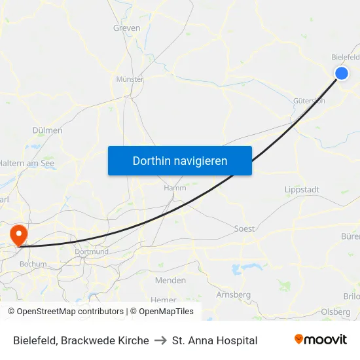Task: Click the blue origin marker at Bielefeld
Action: click(x=342, y=73)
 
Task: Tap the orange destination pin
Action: click(x=18, y=234)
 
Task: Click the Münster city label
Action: click(x=129, y=79)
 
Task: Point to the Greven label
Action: click(x=126, y=28)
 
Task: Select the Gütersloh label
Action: click(x=309, y=101)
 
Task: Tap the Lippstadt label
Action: click(x=302, y=190)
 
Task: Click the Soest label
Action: click(x=244, y=229)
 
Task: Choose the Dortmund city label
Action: click(x=92, y=251)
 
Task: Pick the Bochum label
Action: click(x=33, y=264)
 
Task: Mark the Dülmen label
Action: click(x=47, y=130)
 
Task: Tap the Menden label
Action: click(x=170, y=280)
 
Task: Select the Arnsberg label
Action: click(x=233, y=295)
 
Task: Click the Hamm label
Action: click(x=175, y=188)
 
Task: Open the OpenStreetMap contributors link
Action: click(x=70, y=312)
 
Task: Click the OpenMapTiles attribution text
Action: click(x=166, y=312)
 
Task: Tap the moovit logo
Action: click(x=320, y=340)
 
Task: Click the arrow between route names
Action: click(x=160, y=340)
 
